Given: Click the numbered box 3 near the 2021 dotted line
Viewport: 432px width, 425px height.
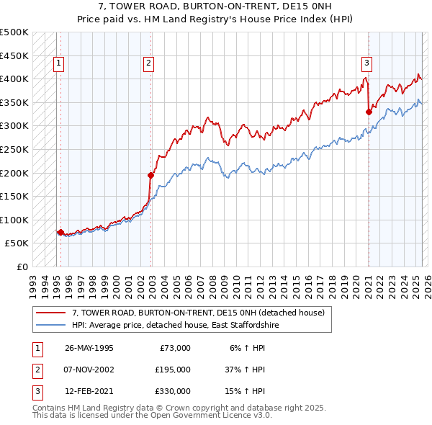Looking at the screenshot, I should point(366,63).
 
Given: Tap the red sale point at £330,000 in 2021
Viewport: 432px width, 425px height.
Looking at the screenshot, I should point(369,112).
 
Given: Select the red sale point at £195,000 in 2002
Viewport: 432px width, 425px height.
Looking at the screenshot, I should point(151,175).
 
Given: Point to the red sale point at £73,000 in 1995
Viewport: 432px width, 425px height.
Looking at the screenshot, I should point(60,232).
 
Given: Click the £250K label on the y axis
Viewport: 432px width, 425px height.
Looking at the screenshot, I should point(14,150).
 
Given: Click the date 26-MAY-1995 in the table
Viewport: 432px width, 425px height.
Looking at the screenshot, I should point(89,348).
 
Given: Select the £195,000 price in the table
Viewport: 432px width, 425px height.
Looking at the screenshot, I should point(173,370).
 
